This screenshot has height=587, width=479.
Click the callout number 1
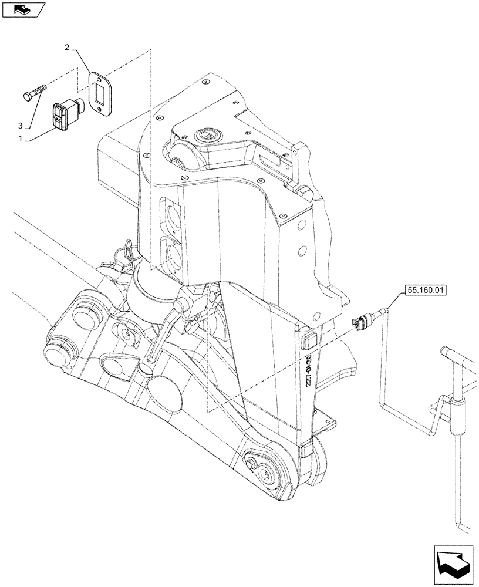point(21,139)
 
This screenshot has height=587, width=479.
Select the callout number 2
point(68,46)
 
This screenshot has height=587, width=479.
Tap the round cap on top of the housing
point(207,134)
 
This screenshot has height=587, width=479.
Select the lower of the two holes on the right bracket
point(302,251)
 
